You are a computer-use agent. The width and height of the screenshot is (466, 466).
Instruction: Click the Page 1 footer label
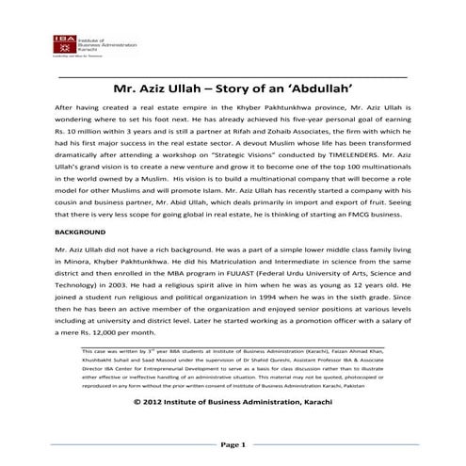[x=233, y=443]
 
